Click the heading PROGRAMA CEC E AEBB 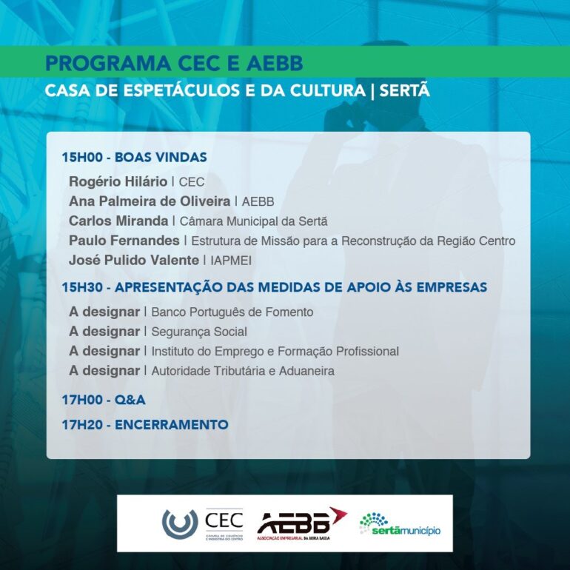click(x=174, y=63)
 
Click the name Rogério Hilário click(x=118, y=181)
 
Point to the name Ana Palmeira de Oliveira click(x=150, y=201)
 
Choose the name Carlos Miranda click(x=118, y=221)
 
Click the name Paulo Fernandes click(x=124, y=241)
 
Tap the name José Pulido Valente click(x=134, y=260)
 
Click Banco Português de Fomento click(x=232, y=312)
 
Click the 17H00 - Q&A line click(x=104, y=400)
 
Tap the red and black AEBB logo click(x=300, y=523)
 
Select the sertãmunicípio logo click(x=400, y=524)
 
